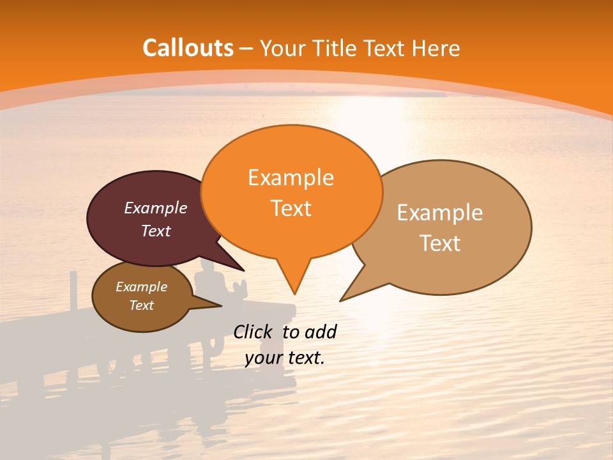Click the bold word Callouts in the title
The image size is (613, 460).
click(188, 48)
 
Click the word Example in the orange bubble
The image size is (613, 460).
click(291, 178)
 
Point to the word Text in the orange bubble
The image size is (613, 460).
click(291, 208)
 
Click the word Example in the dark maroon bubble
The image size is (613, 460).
click(156, 208)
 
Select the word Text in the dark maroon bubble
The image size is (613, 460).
click(156, 231)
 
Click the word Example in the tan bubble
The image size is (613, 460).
click(440, 213)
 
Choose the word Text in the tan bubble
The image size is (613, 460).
click(440, 243)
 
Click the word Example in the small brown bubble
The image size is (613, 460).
click(141, 287)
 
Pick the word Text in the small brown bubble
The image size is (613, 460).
click(141, 305)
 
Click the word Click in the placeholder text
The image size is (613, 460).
click(253, 332)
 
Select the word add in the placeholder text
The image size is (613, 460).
click(321, 332)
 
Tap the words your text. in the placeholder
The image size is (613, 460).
click(285, 358)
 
